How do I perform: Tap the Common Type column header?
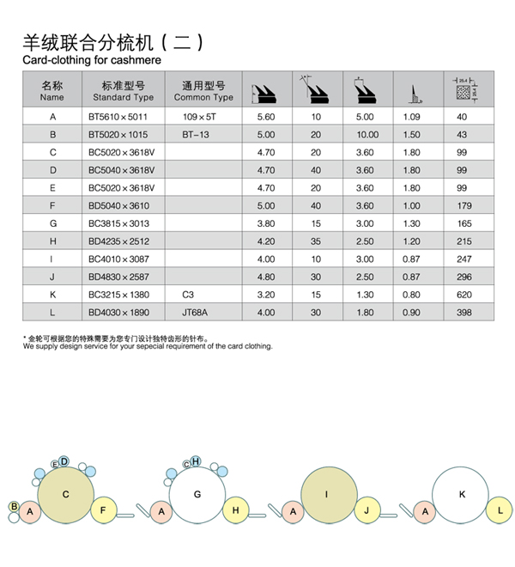coord(203,91)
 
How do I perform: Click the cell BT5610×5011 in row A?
coord(118,116)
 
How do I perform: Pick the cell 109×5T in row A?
coord(199,116)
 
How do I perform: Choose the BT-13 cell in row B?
coord(196,135)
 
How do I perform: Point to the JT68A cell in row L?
coord(196,313)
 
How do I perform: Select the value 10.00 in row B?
coord(367,135)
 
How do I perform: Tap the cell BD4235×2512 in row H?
coord(118,241)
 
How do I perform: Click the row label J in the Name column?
coord(52,277)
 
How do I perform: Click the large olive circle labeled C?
coord(66,495)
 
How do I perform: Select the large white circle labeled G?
coord(197,495)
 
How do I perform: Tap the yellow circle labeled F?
coord(103,510)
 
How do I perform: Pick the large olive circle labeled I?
coord(328,495)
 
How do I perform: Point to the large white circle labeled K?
coord(461,495)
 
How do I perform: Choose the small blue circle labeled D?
coord(64,461)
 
